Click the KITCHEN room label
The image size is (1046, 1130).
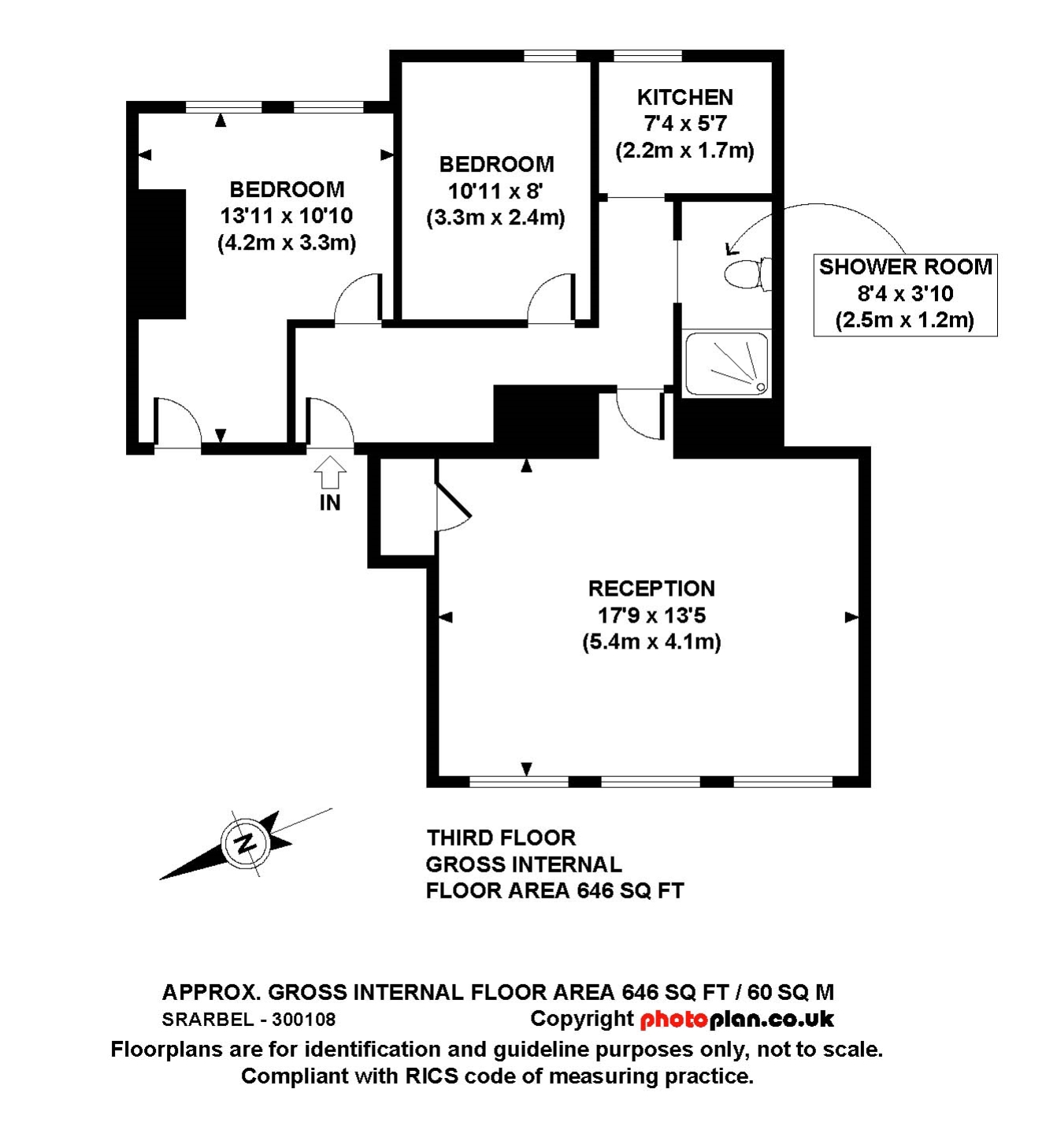point(684,98)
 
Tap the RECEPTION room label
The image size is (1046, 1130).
point(651,589)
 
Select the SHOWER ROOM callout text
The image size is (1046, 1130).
point(905,267)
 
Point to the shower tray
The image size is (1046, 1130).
point(726,363)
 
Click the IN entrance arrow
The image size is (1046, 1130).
point(330,473)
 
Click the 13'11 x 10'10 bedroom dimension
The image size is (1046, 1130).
point(287,216)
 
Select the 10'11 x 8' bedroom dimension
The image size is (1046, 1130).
point(495,191)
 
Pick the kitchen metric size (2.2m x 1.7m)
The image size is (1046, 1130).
point(684,151)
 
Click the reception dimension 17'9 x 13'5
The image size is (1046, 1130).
point(651,615)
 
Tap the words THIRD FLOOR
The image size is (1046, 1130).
point(501,838)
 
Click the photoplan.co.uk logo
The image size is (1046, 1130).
point(736,1020)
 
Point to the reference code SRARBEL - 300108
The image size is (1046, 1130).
point(249,1020)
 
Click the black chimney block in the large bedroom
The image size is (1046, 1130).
point(161,254)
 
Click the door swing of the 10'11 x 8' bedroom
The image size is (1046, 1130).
point(551,299)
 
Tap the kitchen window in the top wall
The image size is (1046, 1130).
point(647,56)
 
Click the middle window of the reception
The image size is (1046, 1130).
point(651,782)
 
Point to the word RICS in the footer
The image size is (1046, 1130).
point(432,1076)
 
